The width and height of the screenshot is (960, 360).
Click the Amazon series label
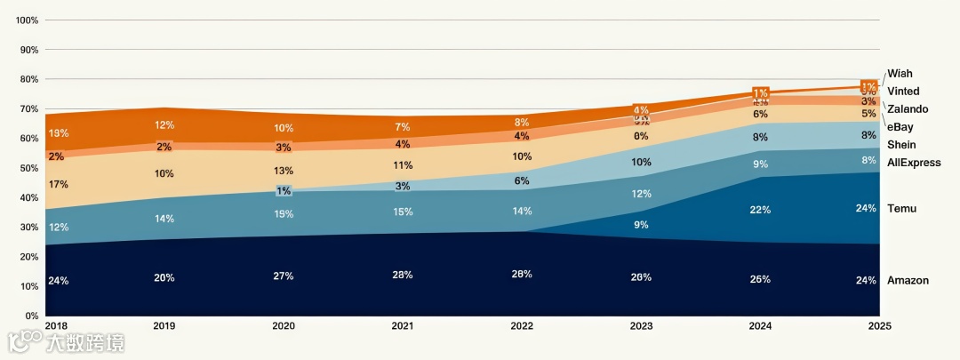(908, 281)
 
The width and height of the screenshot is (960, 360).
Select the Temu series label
(902, 209)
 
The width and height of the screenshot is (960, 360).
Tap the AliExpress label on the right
(914, 163)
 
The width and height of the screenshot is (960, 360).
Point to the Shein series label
(901, 145)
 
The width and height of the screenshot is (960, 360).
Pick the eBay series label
(900, 127)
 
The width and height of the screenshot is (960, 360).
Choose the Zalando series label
(908, 109)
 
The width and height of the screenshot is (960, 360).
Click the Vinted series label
(903, 92)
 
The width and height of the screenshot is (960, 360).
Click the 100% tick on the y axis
(26, 20)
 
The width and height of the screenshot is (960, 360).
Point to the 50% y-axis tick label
(28, 168)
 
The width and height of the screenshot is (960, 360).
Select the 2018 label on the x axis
(56, 327)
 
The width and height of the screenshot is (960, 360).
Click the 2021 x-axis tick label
(403, 327)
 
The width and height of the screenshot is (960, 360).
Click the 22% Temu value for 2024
(760, 210)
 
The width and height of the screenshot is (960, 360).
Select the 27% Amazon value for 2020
(284, 276)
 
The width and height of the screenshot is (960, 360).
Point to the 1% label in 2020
(284, 191)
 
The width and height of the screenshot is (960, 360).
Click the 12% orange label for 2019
(164, 125)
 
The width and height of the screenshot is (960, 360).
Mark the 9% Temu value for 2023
(641, 225)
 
